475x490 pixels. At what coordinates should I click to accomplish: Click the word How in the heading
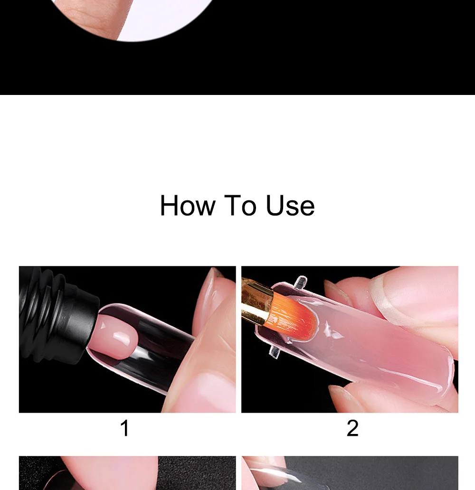[x=188, y=205]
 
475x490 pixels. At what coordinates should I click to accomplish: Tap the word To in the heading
[x=240, y=205]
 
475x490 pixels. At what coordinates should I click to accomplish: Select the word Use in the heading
[x=290, y=205]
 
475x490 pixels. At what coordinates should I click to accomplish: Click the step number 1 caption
[x=125, y=428]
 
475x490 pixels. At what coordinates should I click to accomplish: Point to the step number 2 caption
[x=352, y=428]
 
